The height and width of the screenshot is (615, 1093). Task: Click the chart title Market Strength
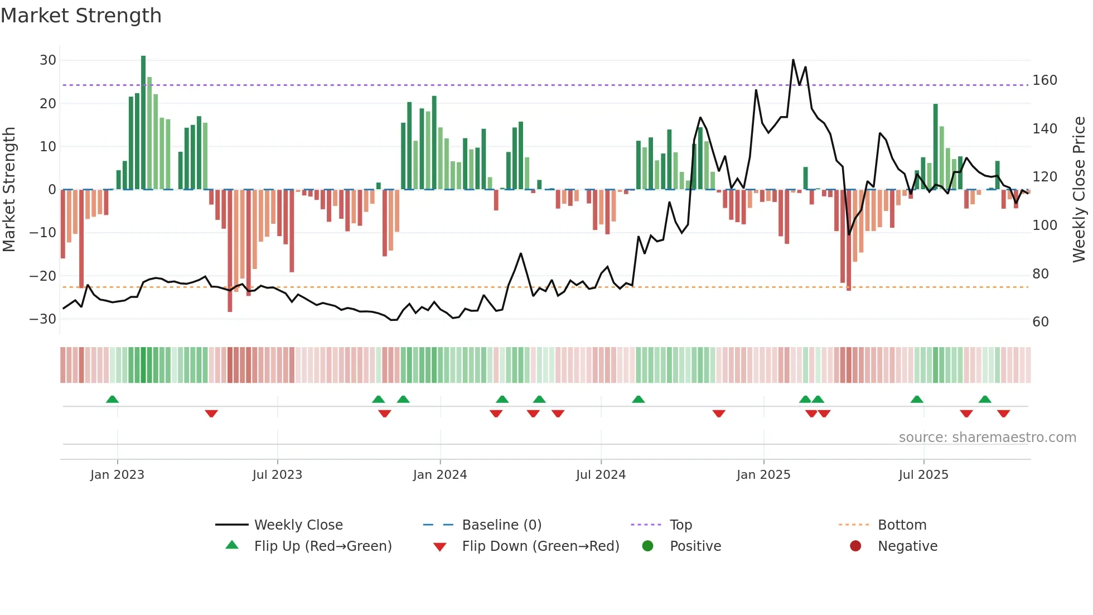pyautogui.click(x=81, y=16)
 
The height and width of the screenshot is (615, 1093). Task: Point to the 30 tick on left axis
pyautogui.click(x=48, y=60)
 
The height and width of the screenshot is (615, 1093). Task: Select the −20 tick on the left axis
pyautogui.click(x=43, y=276)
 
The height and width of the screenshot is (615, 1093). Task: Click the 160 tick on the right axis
pyautogui.click(x=1044, y=80)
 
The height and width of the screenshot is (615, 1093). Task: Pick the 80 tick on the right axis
pyautogui.click(x=1041, y=274)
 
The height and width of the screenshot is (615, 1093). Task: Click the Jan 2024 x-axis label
pyautogui.click(x=440, y=475)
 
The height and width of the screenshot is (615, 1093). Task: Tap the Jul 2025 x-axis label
pyautogui.click(x=923, y=475)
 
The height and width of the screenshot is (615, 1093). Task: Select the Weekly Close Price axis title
pyautogui.click(x=1079, y=190)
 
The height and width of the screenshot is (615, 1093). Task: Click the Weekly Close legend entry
pyautogui.click(x=298, y=525)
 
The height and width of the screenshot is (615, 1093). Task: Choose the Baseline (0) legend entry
pyautogui.click(x=501, y=525)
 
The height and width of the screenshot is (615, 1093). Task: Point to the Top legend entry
pyautogui.click(x=680, y=525)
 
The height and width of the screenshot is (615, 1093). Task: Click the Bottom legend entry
pyautogui.click(x=902, y=525)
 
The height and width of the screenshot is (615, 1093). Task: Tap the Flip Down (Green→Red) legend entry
pyautogui.click(x=540, y=546)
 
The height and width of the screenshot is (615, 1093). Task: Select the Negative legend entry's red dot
pyautogui.click(x=855, y=546)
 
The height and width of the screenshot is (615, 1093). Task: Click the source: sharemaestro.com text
pyautogui.click(x=987, y=438)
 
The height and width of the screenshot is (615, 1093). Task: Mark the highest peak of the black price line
pyautogui.click(x=793, y=60)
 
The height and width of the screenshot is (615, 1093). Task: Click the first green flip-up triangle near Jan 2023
pyautogui.click(x=112, y=399)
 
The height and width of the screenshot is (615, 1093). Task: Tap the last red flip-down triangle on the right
pyautogui.click(x=1003, y=414)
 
